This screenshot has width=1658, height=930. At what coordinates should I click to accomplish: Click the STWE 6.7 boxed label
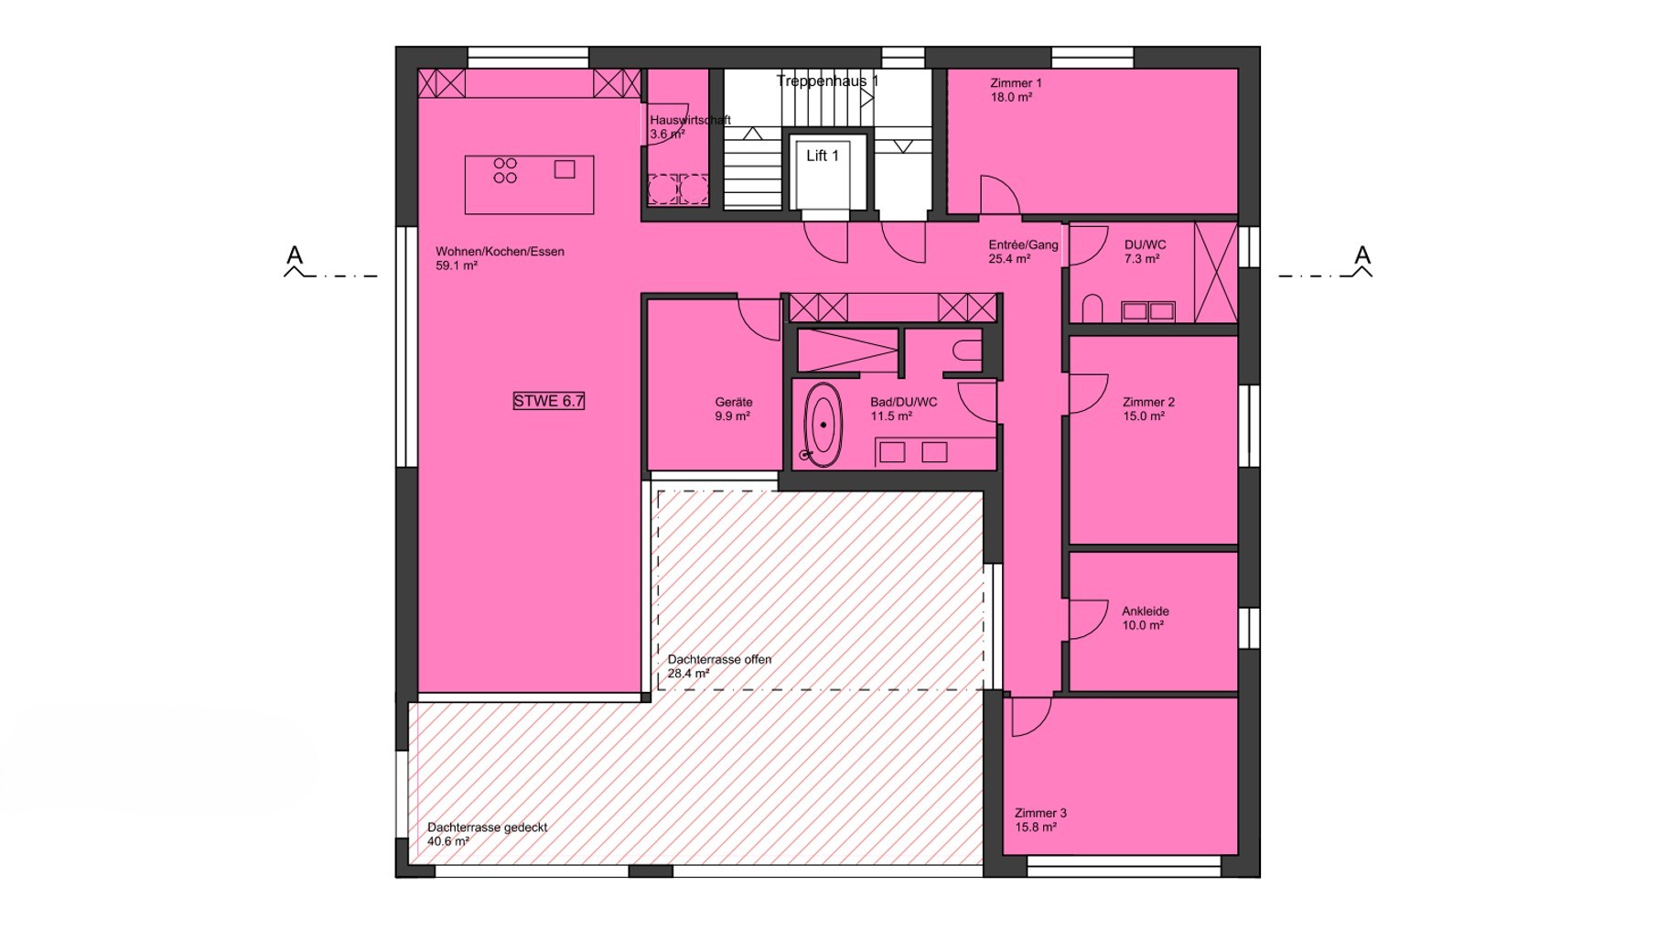(x=548, y=401)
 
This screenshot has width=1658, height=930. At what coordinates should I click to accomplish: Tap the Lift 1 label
(x=822, y=156)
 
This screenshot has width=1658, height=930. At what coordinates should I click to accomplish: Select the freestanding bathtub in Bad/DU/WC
(x=824, y=425)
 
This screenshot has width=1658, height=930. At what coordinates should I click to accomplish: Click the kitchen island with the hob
(x=529, y=185)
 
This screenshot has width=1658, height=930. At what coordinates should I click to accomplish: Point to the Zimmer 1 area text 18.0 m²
(x=1011, y=97)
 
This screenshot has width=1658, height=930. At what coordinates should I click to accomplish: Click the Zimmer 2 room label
(x=1148, y=402)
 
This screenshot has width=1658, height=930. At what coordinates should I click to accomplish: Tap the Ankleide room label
(x=1145, y=611)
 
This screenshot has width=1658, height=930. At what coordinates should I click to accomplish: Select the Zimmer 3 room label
(x=1040, y=813)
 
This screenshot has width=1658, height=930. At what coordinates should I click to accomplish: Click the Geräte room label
(x=734, y=402)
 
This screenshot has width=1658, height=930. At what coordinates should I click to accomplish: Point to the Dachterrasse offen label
(x=719, y=659)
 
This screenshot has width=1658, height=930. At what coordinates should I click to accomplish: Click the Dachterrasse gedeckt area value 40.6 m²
(x=448, y=841)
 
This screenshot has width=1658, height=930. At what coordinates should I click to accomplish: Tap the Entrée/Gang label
(x=1023, y=245)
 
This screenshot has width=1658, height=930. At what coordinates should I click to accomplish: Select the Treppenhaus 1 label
(x=827, y=81)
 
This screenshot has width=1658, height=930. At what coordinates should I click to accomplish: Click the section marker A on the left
(x=294, y=254)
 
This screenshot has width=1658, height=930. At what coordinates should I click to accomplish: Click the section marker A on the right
(x=1362, y=254)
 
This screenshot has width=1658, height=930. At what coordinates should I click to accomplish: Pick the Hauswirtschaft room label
(x=690, y=120)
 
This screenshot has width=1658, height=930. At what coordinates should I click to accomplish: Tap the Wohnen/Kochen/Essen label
(x=500, y=252)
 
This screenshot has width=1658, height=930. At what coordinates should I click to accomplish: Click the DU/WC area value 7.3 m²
(x=1142, y=259)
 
